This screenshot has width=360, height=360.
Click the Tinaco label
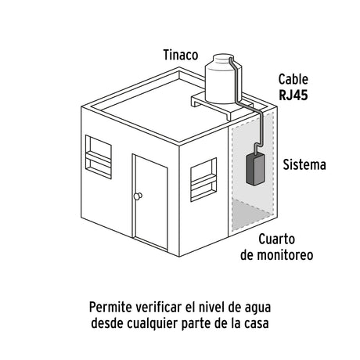(181, 55)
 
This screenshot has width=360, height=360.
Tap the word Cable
(293, 79)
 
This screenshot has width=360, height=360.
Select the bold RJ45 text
(293, 95)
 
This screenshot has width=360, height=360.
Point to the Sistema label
(304, 165)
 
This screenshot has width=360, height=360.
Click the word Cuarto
(277, 239)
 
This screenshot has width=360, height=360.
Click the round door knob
(138, 196)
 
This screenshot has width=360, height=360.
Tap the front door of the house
(150, 202)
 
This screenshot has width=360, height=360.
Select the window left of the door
(99, 157)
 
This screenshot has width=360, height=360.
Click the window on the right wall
(203, 179)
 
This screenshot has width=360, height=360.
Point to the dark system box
(255, 169)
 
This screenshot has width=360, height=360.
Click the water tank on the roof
(224, 78)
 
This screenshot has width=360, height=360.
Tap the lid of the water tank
(223, 58)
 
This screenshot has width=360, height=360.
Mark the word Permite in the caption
(111, 308)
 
